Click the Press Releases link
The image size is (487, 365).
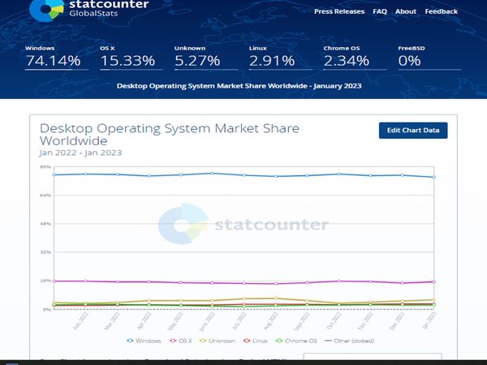(338, 11)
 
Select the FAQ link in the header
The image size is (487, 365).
(380, 11)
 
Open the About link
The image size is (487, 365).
(406, 11)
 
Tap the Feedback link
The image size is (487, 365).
(441, 11)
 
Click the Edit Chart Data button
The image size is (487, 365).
(413, 131)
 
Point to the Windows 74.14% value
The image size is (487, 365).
(53, 61)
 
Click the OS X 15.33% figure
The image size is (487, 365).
(127, 61)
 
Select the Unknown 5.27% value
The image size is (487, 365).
(196, 61)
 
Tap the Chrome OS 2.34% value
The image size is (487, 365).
(347, 61)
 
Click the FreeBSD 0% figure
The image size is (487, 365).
(409, 61)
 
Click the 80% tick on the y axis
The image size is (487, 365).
(45, 167)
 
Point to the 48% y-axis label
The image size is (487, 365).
(45, 224)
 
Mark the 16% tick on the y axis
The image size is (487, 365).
(45, 281)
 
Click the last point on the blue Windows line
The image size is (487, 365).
(433, 177)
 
